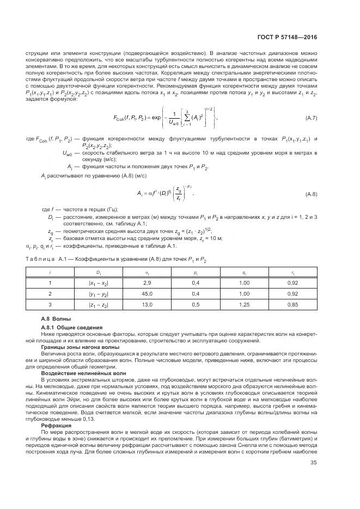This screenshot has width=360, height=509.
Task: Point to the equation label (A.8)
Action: [x=310, y=194]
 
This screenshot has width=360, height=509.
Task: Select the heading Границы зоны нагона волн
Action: [x=80, y=346]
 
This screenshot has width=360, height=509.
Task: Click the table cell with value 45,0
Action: [x=147, y=293]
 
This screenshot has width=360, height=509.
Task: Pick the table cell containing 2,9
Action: [x=147, y=283]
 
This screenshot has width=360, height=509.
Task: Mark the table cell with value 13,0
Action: [x=147, y=304]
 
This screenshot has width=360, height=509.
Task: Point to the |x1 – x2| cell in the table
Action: [x=99, y=283]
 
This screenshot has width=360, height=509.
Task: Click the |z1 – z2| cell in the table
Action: [x=99, y=304]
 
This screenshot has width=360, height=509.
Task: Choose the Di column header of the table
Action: [x=99, y=271]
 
